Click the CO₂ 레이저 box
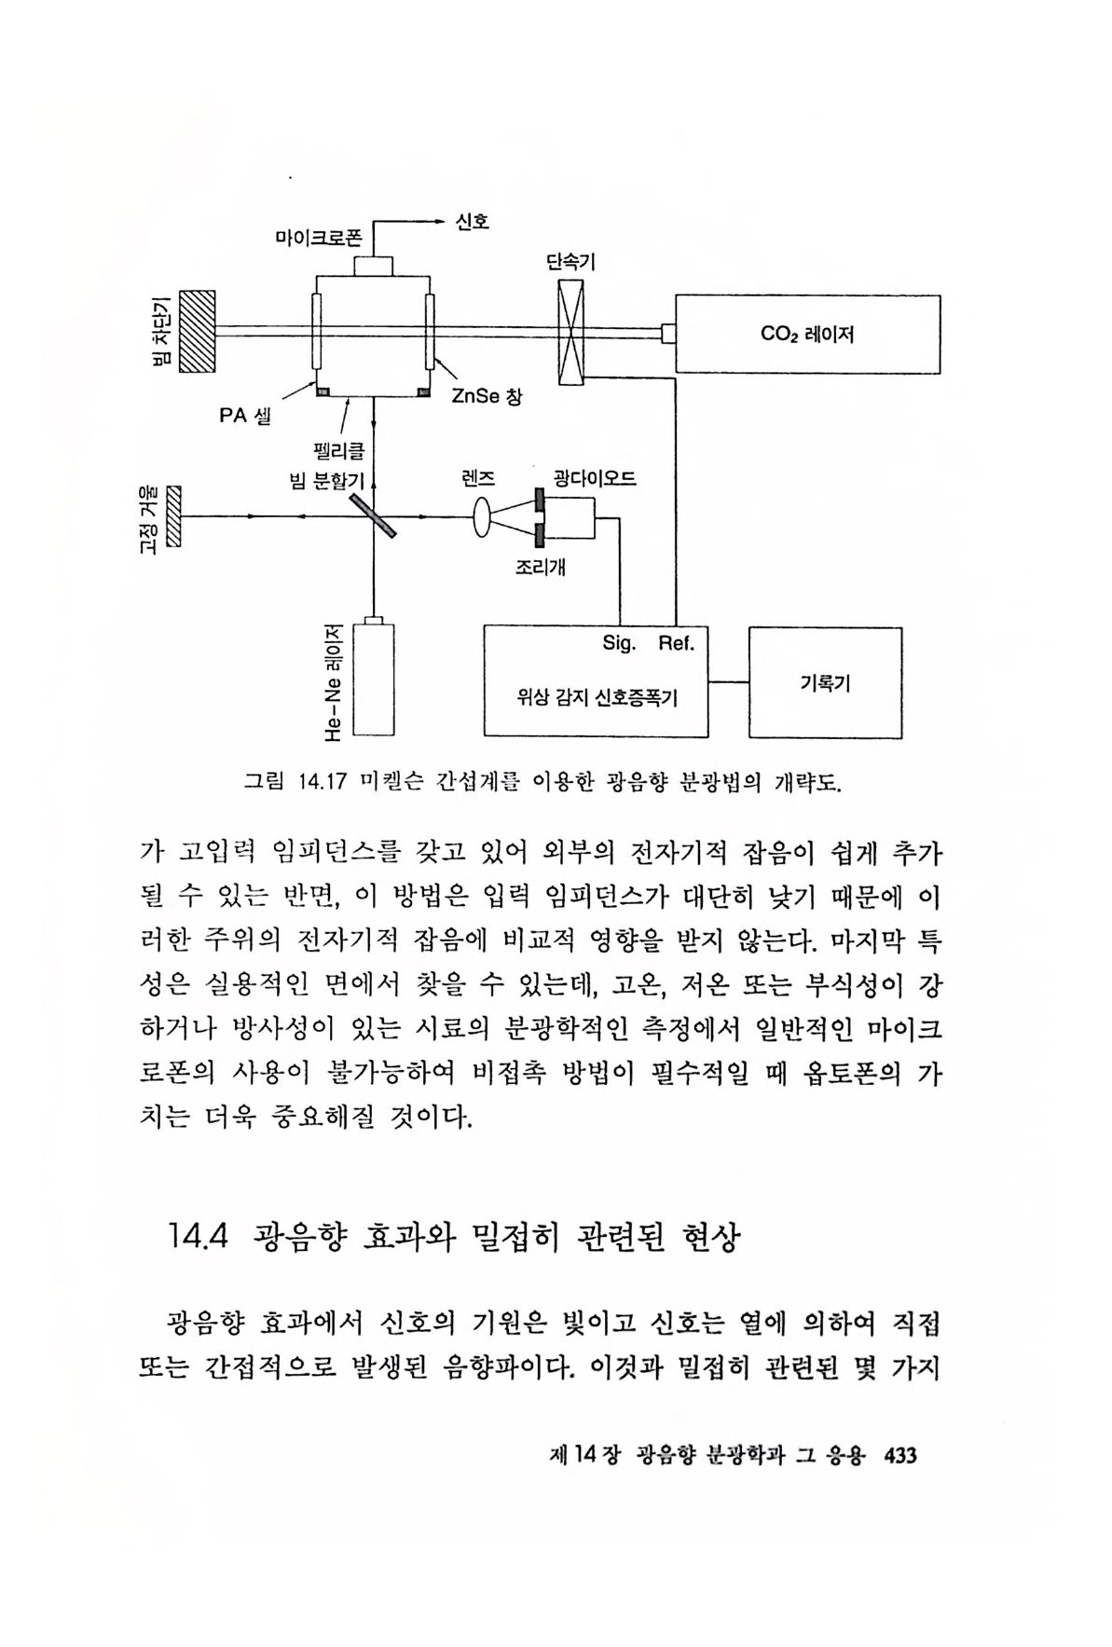[807, 334]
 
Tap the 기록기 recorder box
[825, 683]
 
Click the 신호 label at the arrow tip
[472, 222]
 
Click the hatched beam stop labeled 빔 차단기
[198, 332]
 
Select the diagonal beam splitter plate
[374, 515]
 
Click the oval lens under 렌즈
[483, 515]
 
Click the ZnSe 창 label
[487, 397]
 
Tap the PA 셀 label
[245, 416]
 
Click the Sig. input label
[619, 644]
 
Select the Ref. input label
[677, 644]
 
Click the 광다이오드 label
[595, 479]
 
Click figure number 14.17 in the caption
[318, 781]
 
